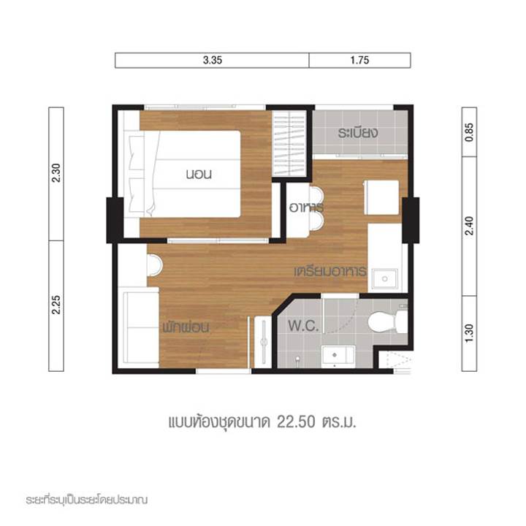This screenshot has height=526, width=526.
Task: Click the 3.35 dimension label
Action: (x=213, y=61)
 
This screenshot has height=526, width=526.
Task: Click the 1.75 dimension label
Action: (x=359, y=61)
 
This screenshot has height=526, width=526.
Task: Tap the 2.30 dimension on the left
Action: (x=56, y=172)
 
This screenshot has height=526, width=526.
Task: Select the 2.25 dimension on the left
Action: (x=56, y=305)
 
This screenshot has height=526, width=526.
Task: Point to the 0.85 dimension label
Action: (x=469, y=132)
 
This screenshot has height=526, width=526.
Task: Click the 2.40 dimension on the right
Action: (x=469, y=226)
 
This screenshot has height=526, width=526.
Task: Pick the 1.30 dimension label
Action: (x=469, y=333)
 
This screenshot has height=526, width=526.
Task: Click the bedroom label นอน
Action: (x=199, y=174)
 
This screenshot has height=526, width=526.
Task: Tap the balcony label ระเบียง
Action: (x=358, y=133)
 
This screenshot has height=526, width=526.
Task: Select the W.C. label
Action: (x=303, y=326)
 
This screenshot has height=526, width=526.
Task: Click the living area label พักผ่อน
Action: (x=186, y=327)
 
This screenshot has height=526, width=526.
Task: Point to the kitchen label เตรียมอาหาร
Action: (x=330, y=271)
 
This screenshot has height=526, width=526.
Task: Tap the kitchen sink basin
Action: (x=385, y=279)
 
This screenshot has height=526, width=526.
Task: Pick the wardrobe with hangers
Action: (x=289, y=144)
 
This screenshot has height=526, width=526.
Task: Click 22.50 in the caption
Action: (x=296, y=422)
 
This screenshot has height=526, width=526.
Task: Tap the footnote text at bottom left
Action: (x=86, y=500)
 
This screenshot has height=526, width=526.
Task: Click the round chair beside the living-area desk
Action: (x=154, y=265)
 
